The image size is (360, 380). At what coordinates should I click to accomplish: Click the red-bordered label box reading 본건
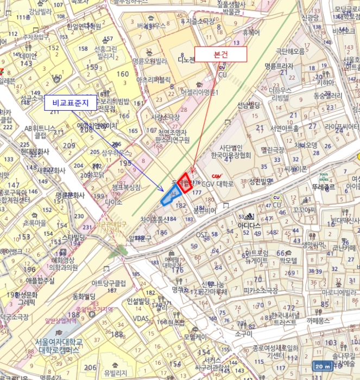[220, 54]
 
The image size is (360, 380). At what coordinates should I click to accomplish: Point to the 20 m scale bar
[323, 367]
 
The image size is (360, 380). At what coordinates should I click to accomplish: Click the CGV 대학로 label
[218, 184]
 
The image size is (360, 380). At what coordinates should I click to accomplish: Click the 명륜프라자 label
[279, 66]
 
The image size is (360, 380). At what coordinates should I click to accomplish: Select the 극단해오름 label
[290, 52]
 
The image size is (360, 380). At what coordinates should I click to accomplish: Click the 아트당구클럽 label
[109, 283]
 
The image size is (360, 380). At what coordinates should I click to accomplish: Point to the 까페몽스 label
[319, 321]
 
